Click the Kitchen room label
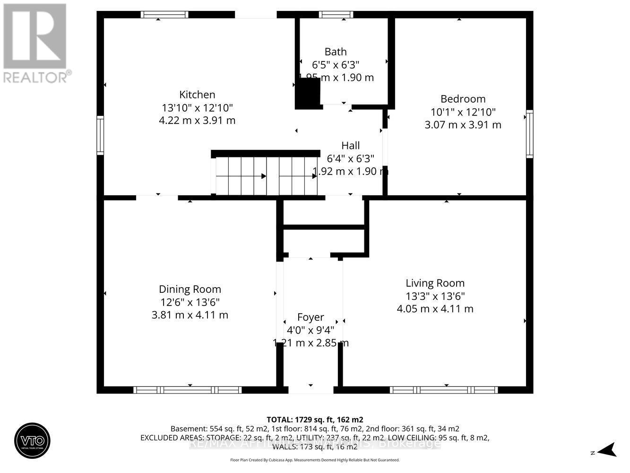coord(197,95)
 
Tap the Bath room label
coord(335,52)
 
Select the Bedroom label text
coord(463,99)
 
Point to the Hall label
coord(350,145)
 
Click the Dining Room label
coord(190,289)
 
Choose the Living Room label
coord(435,283)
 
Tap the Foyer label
coord(311,317)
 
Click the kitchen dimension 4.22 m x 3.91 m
coord(197,121)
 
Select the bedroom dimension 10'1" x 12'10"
coord(463,112)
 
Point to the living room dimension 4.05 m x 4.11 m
coord(435,309)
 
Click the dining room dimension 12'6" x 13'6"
coord(190,302)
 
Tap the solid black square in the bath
coord(308,94)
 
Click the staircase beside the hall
coord(267,175)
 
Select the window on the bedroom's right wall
coord(529,134)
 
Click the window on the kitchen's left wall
coord(100,135)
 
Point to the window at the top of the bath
coord(336,15)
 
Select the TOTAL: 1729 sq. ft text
coord(315,420)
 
